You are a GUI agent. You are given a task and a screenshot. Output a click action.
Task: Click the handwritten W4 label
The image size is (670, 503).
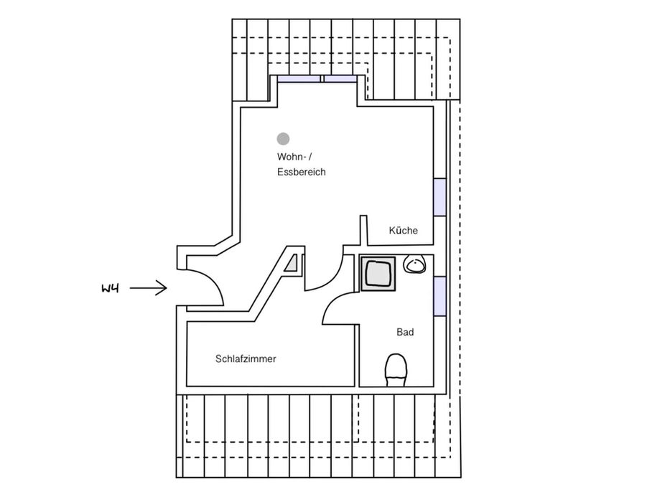click(x=110, y=289)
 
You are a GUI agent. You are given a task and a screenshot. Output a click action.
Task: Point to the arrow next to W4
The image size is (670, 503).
click(x=149, y=289)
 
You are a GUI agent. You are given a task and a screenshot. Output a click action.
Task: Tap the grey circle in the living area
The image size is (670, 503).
click(x=284, y=138)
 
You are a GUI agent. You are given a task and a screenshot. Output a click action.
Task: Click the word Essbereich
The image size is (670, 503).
click(x=302, y=172)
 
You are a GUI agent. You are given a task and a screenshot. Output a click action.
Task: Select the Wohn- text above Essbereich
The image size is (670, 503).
click(x=291, y=157)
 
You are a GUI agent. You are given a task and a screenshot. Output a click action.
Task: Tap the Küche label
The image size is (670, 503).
click(x=403, y=231)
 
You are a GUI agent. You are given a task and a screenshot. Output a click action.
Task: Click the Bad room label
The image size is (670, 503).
click(x=405, y=333)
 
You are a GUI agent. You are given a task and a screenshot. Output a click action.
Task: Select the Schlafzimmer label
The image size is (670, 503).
click(x=246, y=359)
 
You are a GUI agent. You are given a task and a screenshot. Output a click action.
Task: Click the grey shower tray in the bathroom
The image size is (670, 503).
click(x=378, y=274)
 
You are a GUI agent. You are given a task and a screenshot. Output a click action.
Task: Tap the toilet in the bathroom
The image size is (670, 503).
click(x=396, y=369)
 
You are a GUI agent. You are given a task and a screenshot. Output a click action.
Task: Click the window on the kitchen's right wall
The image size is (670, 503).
click(x=439, y=196)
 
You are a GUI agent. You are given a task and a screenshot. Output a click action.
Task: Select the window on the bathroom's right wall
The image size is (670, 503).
click(x=439, y=295)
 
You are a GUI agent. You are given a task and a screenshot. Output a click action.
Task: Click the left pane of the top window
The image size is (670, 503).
click(x=299, y=79)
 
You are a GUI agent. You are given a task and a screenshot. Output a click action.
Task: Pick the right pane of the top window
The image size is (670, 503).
click(x=341, y=79)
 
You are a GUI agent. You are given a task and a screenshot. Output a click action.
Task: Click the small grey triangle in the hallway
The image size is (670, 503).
click(x=292, y=264)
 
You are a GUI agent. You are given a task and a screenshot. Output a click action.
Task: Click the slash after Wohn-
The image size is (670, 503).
click(x=310, y=157)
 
